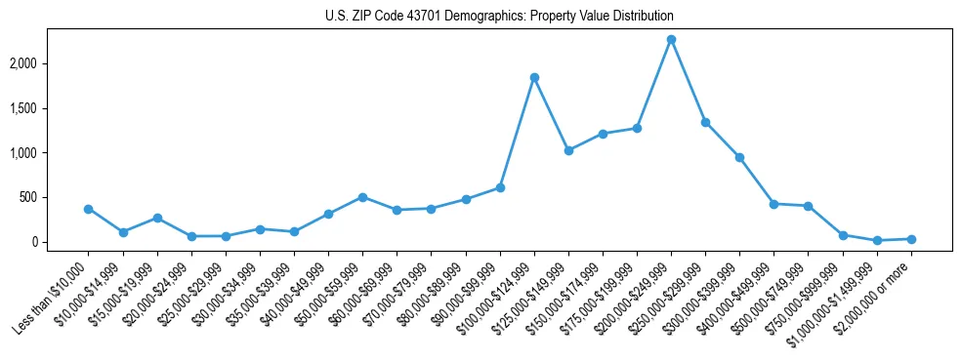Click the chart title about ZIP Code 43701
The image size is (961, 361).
click(x=499, y=17)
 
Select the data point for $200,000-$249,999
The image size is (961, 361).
click(x=671, y=40)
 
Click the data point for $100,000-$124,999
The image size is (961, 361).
click(x=534, y=77)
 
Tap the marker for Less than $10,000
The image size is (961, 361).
click(x=89, y=209)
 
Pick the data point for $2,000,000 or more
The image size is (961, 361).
click(x=911, y=239)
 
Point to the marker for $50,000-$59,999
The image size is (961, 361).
click(x=362, y=197)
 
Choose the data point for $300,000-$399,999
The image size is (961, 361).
click(x=739, y=157)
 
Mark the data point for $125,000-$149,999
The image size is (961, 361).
click(x=568, y=150)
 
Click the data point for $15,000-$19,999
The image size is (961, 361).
click(x=157, y=218)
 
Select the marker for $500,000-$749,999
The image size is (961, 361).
click(x=808, y=206)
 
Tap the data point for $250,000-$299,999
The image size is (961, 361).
click(x=705, y=122)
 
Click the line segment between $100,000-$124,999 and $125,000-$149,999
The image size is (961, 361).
click(x=552, y=114)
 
